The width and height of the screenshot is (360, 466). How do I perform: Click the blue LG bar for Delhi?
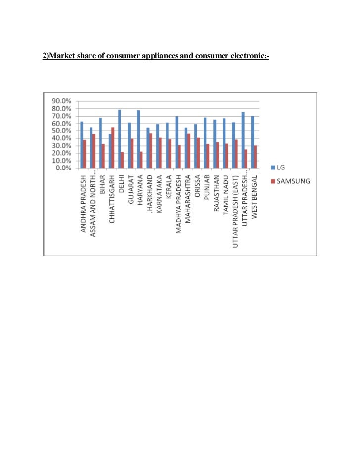[119, 139]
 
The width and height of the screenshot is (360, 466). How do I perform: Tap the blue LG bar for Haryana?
[138, 139]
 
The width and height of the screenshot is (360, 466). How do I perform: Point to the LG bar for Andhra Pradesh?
[82, 144]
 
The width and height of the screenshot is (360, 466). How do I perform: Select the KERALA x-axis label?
[168, 187]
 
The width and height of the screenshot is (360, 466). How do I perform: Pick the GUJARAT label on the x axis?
[130, 189]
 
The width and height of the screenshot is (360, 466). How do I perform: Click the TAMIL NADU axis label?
[225, 193]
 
